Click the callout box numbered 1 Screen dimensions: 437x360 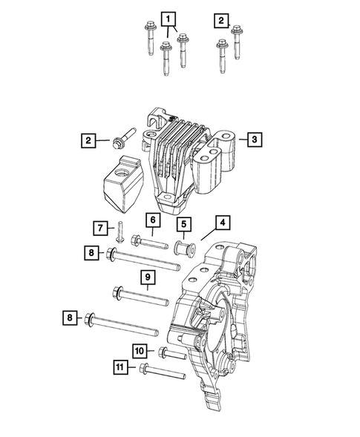pyautogui.click(x=170, y=18)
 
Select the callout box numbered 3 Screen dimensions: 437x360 pyautogui.click(x=253, y=139)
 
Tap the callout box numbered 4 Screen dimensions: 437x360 pyautogui.click(x=222, y=222)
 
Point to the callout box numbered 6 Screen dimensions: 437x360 pyautogui.click(x=151, y=220)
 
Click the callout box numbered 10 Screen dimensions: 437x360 pyautogui.click(x=140, y=350)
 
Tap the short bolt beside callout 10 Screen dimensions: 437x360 pyautogui.click(x=170, y=355)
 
